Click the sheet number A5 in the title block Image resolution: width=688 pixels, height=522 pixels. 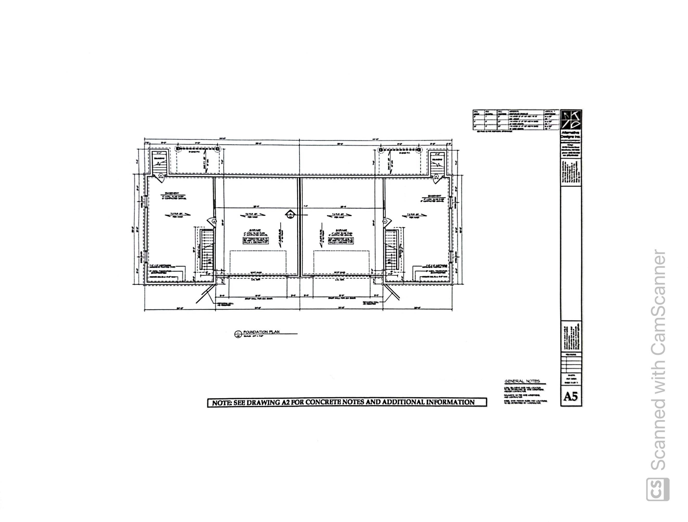point(570,397)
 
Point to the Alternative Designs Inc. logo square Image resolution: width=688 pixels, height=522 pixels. point(570,120)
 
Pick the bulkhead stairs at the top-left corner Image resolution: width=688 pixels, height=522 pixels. point(160,164)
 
